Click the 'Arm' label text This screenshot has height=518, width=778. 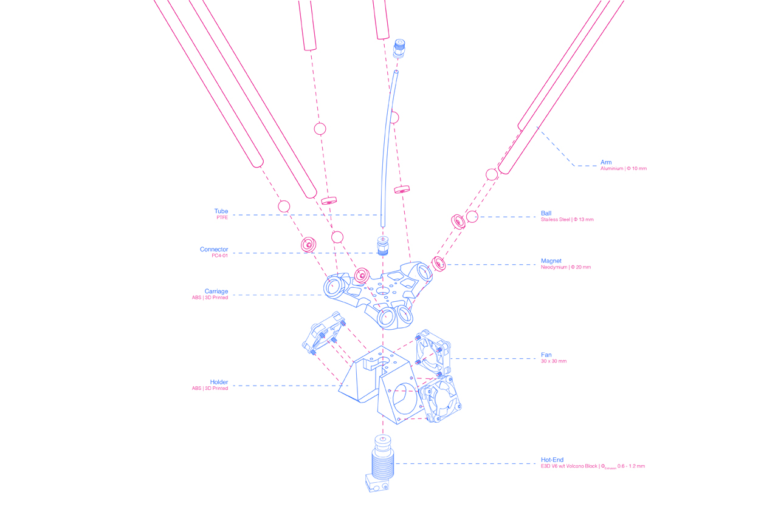(x=606, y=162)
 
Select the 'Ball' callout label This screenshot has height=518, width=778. (x=546, y=213)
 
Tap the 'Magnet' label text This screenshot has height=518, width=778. (x=551, y=261)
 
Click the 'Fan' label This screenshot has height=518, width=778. (x=546, y=355)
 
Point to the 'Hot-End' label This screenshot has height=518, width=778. (x=552, y=460)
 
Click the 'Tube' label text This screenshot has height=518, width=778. (x=221, y=211)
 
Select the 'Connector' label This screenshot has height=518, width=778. (x=214, y=249)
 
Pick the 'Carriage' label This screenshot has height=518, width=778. (x=216, y=291)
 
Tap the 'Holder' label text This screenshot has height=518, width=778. (x=219, y=382)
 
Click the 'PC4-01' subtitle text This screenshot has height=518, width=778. (x=219, y=256)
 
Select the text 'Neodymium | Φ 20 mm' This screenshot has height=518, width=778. (x=565, y=267)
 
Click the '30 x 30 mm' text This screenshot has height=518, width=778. (x=553, y=361)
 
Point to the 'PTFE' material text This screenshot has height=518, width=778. (x=222, y=217)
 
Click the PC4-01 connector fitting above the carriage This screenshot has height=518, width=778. (x=382, y=244)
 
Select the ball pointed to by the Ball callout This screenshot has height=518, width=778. (x=472, y=217)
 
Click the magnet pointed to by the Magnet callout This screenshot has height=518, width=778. (x=439, y=264)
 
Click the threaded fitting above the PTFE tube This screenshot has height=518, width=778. (x=399, y=47)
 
